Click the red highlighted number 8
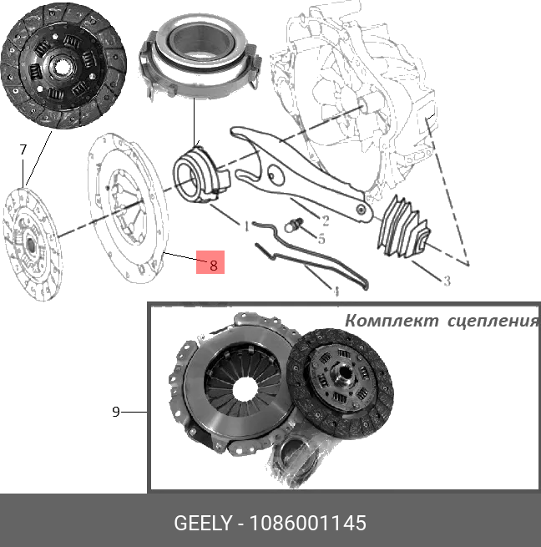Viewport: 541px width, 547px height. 213,265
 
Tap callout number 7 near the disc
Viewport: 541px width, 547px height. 23,149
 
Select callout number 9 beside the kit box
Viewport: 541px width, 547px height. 116,411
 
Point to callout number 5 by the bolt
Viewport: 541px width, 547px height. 320,238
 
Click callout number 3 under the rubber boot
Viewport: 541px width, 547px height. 447,281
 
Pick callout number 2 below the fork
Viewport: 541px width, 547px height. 325,220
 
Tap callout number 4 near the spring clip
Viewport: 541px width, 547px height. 336,292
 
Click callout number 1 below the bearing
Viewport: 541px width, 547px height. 246,225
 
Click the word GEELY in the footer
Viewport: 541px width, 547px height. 201,524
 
